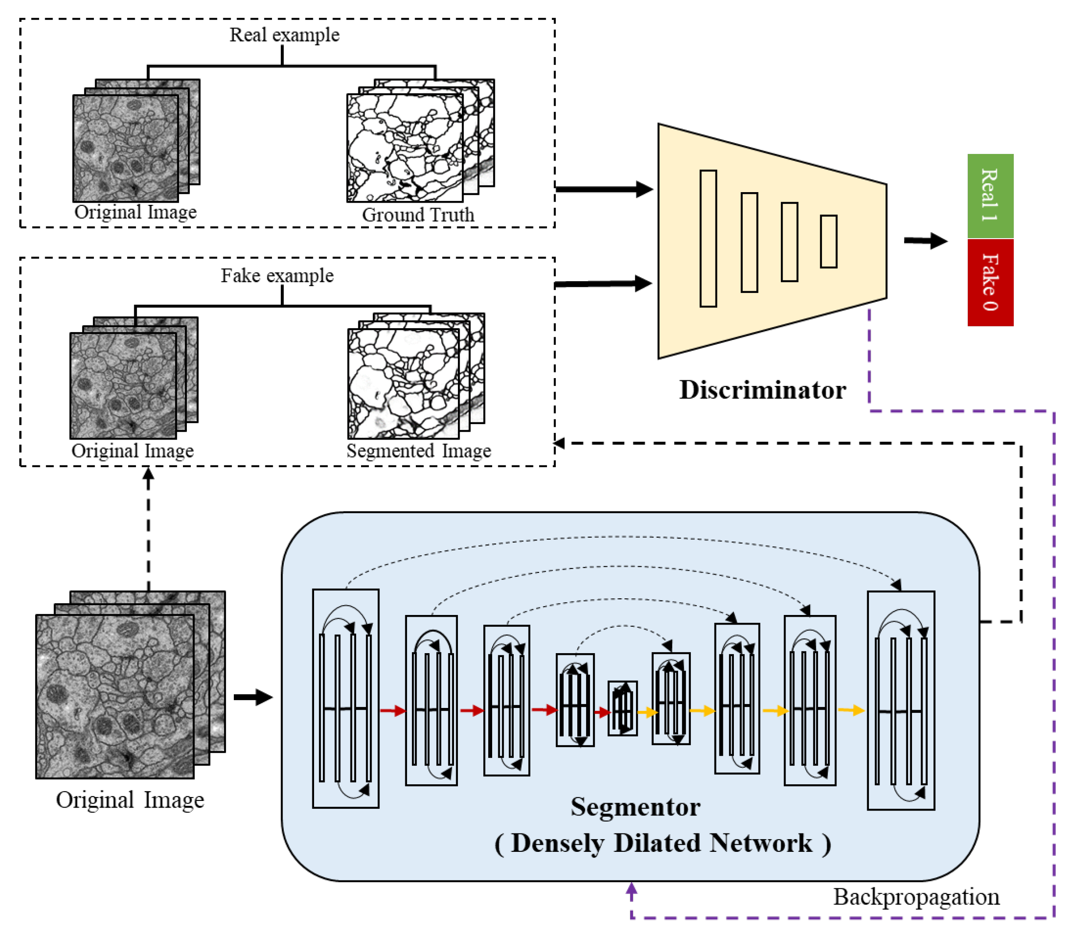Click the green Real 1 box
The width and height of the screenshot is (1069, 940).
tap(990, 196)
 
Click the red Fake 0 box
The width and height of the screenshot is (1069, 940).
tap(990, 282)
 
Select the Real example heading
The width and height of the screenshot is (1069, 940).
tap(285, 35)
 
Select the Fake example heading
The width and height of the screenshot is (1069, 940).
tap(277, 275)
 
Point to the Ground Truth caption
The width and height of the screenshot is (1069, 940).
tap(418, 215)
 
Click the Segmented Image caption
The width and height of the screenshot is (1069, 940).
tap(419, 450)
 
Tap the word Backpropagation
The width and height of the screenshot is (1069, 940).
tap(916, 897)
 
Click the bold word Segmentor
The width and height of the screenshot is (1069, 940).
tap(636, 807)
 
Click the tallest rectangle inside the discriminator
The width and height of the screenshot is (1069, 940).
tap(708, 238)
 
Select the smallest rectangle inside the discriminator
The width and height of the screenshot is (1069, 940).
tap(829, 241)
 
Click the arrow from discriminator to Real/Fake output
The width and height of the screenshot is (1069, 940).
tap(926, 241)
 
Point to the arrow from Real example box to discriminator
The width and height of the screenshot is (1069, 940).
tap(604, 189)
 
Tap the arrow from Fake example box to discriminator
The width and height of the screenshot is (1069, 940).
tap(604, 283)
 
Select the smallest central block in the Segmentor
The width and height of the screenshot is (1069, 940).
tap(622, 708)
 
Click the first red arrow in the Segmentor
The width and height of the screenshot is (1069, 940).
tap(393, 710)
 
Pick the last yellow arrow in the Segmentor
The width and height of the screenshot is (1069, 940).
tap(851, 710)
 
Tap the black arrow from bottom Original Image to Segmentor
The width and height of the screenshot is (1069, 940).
tap(253, 697)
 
